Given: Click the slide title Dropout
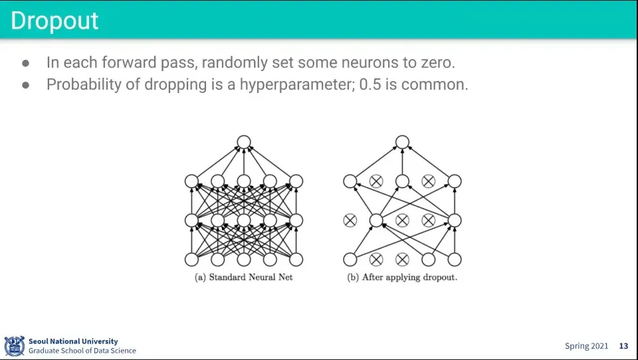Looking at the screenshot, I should point(54,21).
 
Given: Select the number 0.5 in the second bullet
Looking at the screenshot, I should point(371,85).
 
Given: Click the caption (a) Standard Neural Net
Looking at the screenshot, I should point(243,277).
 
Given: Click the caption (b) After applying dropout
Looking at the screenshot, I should point(402,277).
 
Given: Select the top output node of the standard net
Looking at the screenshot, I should point(243,141).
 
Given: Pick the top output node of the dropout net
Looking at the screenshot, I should point(401,141).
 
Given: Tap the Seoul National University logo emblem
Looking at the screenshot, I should point(15,345).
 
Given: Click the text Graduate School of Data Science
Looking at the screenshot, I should point(82,351).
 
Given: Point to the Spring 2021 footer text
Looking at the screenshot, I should point(586,346).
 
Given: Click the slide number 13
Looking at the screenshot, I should point(623,346).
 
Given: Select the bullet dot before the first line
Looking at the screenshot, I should point(26,64).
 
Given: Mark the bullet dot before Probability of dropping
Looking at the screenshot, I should point(26,86).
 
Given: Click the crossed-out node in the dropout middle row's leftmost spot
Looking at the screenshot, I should point(350,220).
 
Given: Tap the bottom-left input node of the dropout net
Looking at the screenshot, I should point(350,259).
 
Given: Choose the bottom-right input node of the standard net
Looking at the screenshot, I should point(296,259).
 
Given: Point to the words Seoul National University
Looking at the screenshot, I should point(73,341).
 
